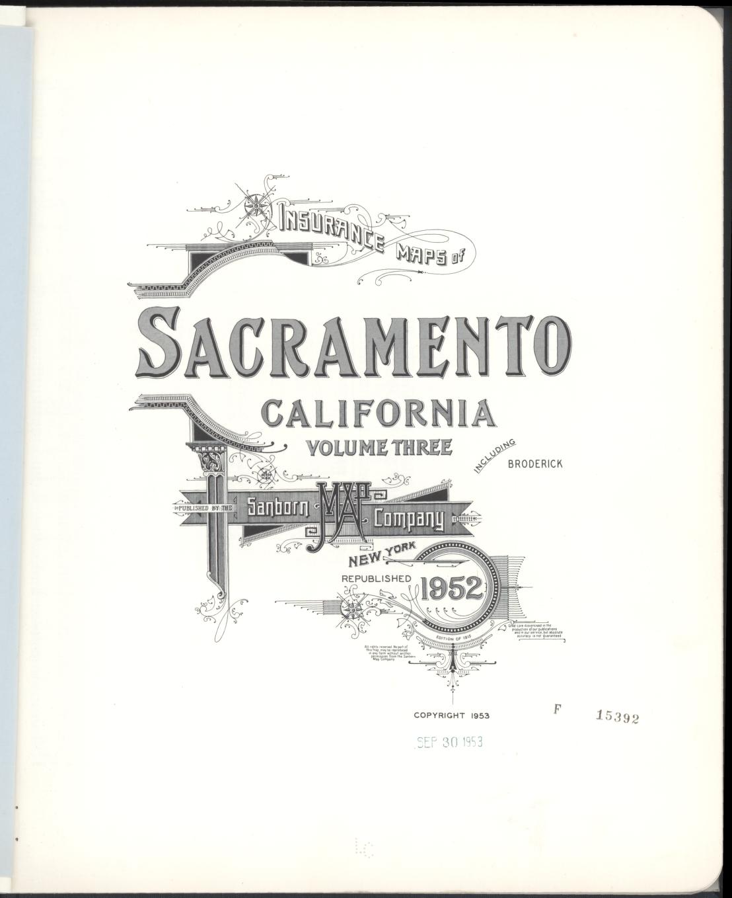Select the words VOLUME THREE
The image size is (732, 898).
click(x=379, y=448)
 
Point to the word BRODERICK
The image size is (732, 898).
click(x=535, y=464)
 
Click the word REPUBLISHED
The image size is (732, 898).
click(x=376, y=578)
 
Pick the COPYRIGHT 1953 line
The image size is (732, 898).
click(x=451, y=715)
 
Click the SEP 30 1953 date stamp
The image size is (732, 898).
click(x=450, y=742)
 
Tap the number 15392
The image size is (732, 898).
click(x=618, y=717)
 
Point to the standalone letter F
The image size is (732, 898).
click(x=557, y=709)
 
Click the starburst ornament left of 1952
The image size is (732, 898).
click(x=353, y=606)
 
